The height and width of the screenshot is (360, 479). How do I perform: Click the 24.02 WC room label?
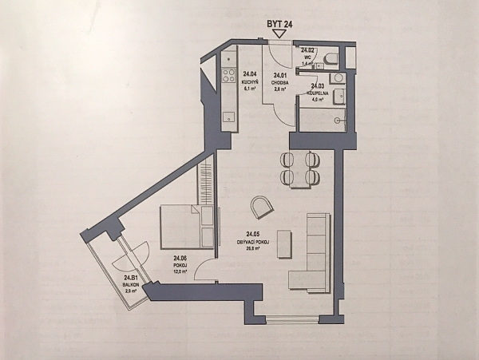[x=309, y=56]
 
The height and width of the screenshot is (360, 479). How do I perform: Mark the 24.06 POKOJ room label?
[x=180, y=264]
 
